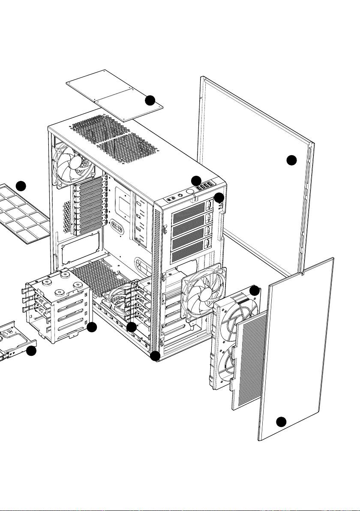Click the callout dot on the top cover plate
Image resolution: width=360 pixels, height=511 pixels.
150,100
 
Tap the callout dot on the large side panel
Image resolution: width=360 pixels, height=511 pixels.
291,160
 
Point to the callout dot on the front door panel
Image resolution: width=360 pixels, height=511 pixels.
281,421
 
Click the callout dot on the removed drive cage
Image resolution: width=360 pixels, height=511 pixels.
92,328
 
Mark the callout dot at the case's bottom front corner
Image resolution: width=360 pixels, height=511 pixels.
156,355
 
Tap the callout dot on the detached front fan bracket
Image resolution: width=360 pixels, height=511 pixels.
255,290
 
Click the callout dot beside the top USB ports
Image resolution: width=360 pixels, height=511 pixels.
196,180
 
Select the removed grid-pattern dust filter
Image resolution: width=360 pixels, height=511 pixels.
26,214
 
